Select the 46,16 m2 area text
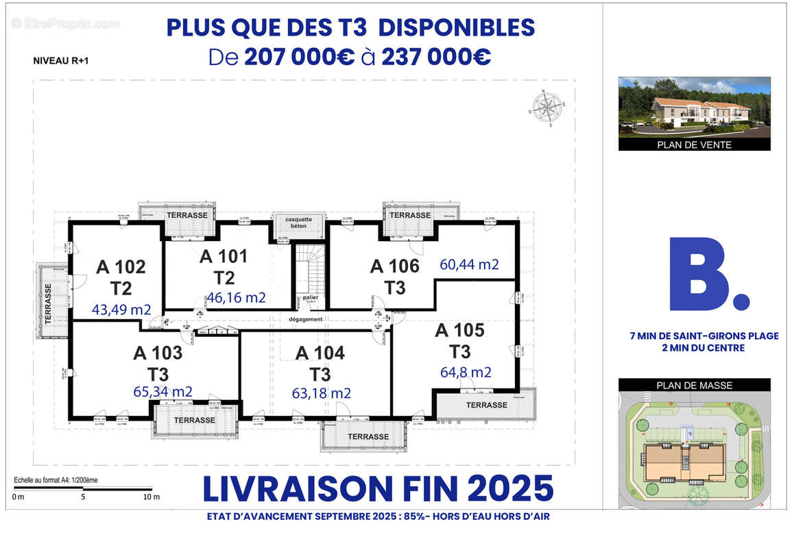236,297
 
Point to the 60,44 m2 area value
469,264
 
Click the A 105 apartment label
460,330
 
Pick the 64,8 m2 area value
466,373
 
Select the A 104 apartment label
320,353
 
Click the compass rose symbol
546,108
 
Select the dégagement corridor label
306,319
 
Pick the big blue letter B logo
706,274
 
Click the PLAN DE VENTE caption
694,145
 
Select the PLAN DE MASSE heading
694,385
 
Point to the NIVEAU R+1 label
61,60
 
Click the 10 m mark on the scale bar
152,497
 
